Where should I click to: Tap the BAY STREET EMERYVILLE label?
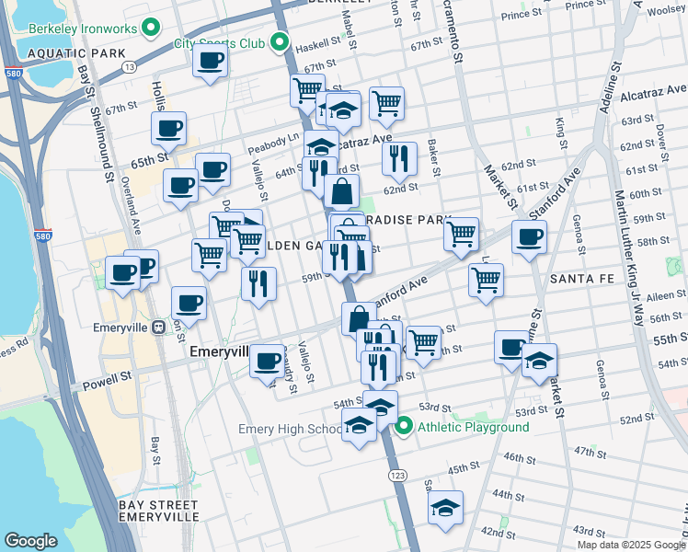coord(159,512)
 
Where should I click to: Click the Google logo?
coord(31,541)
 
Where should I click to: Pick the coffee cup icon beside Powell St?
coord(268,361)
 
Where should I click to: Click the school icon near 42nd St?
coord(445,508)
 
